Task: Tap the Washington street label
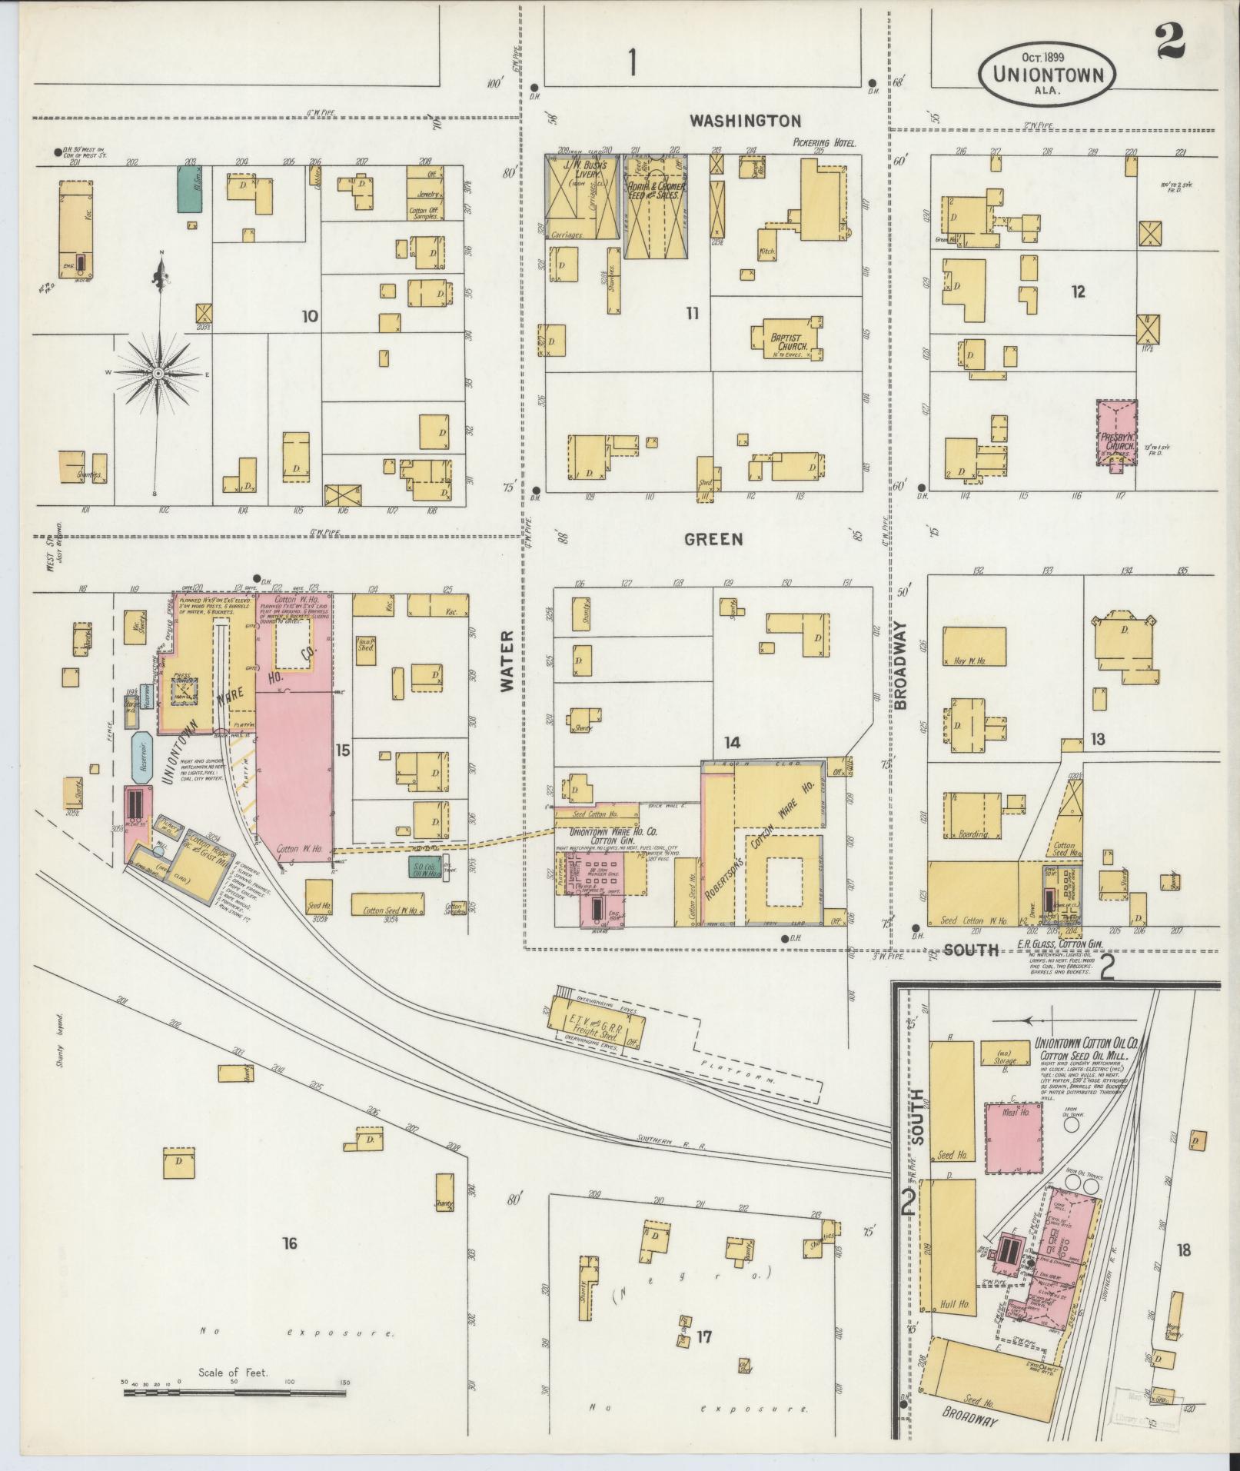pyautogui.click(x=745, y=121)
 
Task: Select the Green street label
pyautogui.click(x=715, y=540)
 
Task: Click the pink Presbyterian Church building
pyautogui.click(x=1116, y=432)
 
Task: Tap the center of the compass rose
pyautogui.click(x=158, y=373)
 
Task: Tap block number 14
pyautogui.click(x=731, y=743)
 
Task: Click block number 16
pyautogui.click(x=289, y=1242)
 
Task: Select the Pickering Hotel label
pyautogui.click(x=824, y=143)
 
